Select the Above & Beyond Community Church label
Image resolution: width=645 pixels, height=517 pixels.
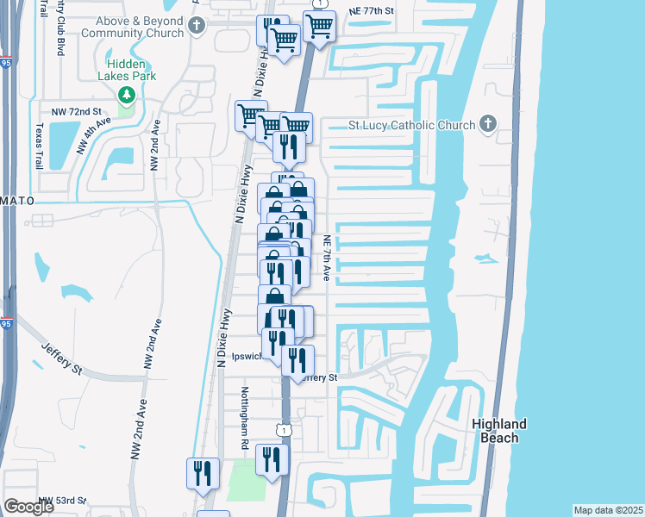134,27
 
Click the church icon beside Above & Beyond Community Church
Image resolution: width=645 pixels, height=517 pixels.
197,26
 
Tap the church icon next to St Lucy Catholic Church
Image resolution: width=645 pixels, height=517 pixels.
487,124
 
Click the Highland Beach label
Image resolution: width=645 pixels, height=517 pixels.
499,431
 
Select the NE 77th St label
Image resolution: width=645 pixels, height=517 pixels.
371,11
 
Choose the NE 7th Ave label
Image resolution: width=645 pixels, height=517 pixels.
328,258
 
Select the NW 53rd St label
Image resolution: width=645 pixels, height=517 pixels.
66,500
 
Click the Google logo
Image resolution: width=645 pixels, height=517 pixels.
28,508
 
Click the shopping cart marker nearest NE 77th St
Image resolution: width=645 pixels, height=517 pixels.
319,28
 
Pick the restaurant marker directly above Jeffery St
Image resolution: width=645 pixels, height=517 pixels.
297,360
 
